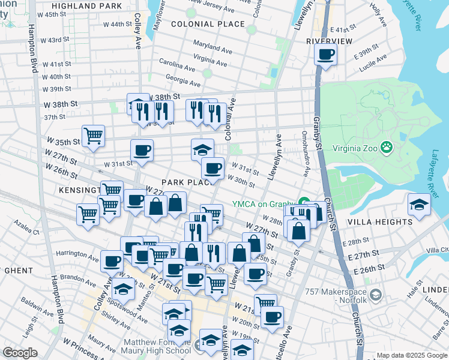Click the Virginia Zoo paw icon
[x=388, y=146]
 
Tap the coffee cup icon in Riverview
[x=325, y=55]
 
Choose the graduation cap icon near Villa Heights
[x=419, y=205]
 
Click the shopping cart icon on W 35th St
[x=93, y=135]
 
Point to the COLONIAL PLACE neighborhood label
[x=208, y=25]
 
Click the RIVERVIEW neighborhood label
[x=328, y=41]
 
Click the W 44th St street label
[x=117, y=24]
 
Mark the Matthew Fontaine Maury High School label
[x=157, y=347]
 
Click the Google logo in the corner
[x=20, y=353]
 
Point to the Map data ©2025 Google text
[x=412, y=356]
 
